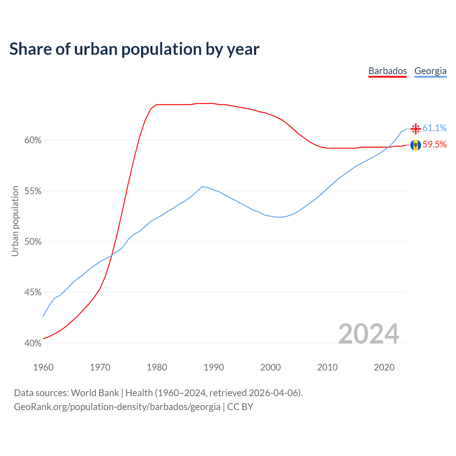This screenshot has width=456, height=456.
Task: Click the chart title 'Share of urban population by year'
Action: coord(134,49)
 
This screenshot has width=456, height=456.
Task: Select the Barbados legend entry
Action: coord(388,71)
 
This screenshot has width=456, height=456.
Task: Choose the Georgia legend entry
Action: coord(430,71)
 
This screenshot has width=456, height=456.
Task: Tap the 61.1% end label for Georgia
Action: coord(434,128)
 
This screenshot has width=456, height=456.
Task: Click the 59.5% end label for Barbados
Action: coord(434,144)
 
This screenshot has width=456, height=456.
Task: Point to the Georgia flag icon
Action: coord(415,128)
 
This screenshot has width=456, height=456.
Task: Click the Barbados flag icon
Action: coord(415,145)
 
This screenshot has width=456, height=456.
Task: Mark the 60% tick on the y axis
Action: coord(33,140)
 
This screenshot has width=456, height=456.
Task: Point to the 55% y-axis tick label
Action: coord(33,191)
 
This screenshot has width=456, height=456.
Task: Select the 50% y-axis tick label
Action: coord(33,242)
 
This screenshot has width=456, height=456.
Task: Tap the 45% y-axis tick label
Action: coord(33,292)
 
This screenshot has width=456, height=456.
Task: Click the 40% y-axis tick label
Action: coord(33,343)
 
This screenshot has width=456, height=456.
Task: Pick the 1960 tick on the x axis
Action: coord(43,367)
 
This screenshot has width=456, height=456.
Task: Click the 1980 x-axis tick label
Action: coord(157,367)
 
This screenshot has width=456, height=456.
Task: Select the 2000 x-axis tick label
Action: coord(270,367)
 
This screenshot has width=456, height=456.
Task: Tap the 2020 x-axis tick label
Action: coord(384,367)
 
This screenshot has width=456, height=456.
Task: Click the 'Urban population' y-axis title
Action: coord(15,221)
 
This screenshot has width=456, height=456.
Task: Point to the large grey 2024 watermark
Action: coord(368,334)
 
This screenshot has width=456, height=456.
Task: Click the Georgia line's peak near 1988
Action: coord(202,187)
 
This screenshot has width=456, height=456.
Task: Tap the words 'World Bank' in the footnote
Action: coord(95,393)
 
